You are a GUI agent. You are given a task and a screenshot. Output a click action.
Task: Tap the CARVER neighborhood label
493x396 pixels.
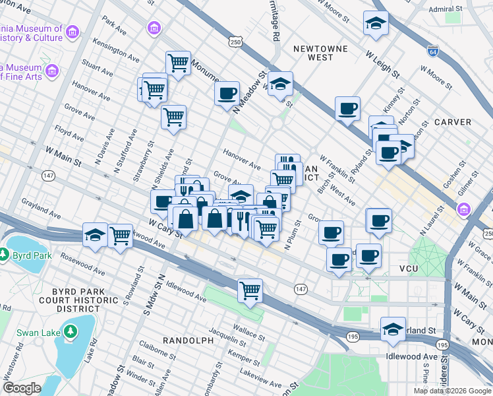pos(452,122)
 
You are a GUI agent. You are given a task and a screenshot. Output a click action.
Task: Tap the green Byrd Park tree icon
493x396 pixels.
pos(5,253)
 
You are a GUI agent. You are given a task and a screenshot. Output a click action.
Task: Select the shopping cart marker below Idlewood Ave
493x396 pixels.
pos(250,290)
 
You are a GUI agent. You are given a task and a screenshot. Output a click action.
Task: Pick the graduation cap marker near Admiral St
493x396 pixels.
pos(376,23)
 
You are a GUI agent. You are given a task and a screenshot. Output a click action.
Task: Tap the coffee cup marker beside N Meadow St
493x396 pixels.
pos(227,93)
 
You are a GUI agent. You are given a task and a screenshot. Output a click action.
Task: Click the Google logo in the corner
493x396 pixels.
pos(22,388)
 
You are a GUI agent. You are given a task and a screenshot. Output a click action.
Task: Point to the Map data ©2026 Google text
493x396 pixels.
pos(452,391)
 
